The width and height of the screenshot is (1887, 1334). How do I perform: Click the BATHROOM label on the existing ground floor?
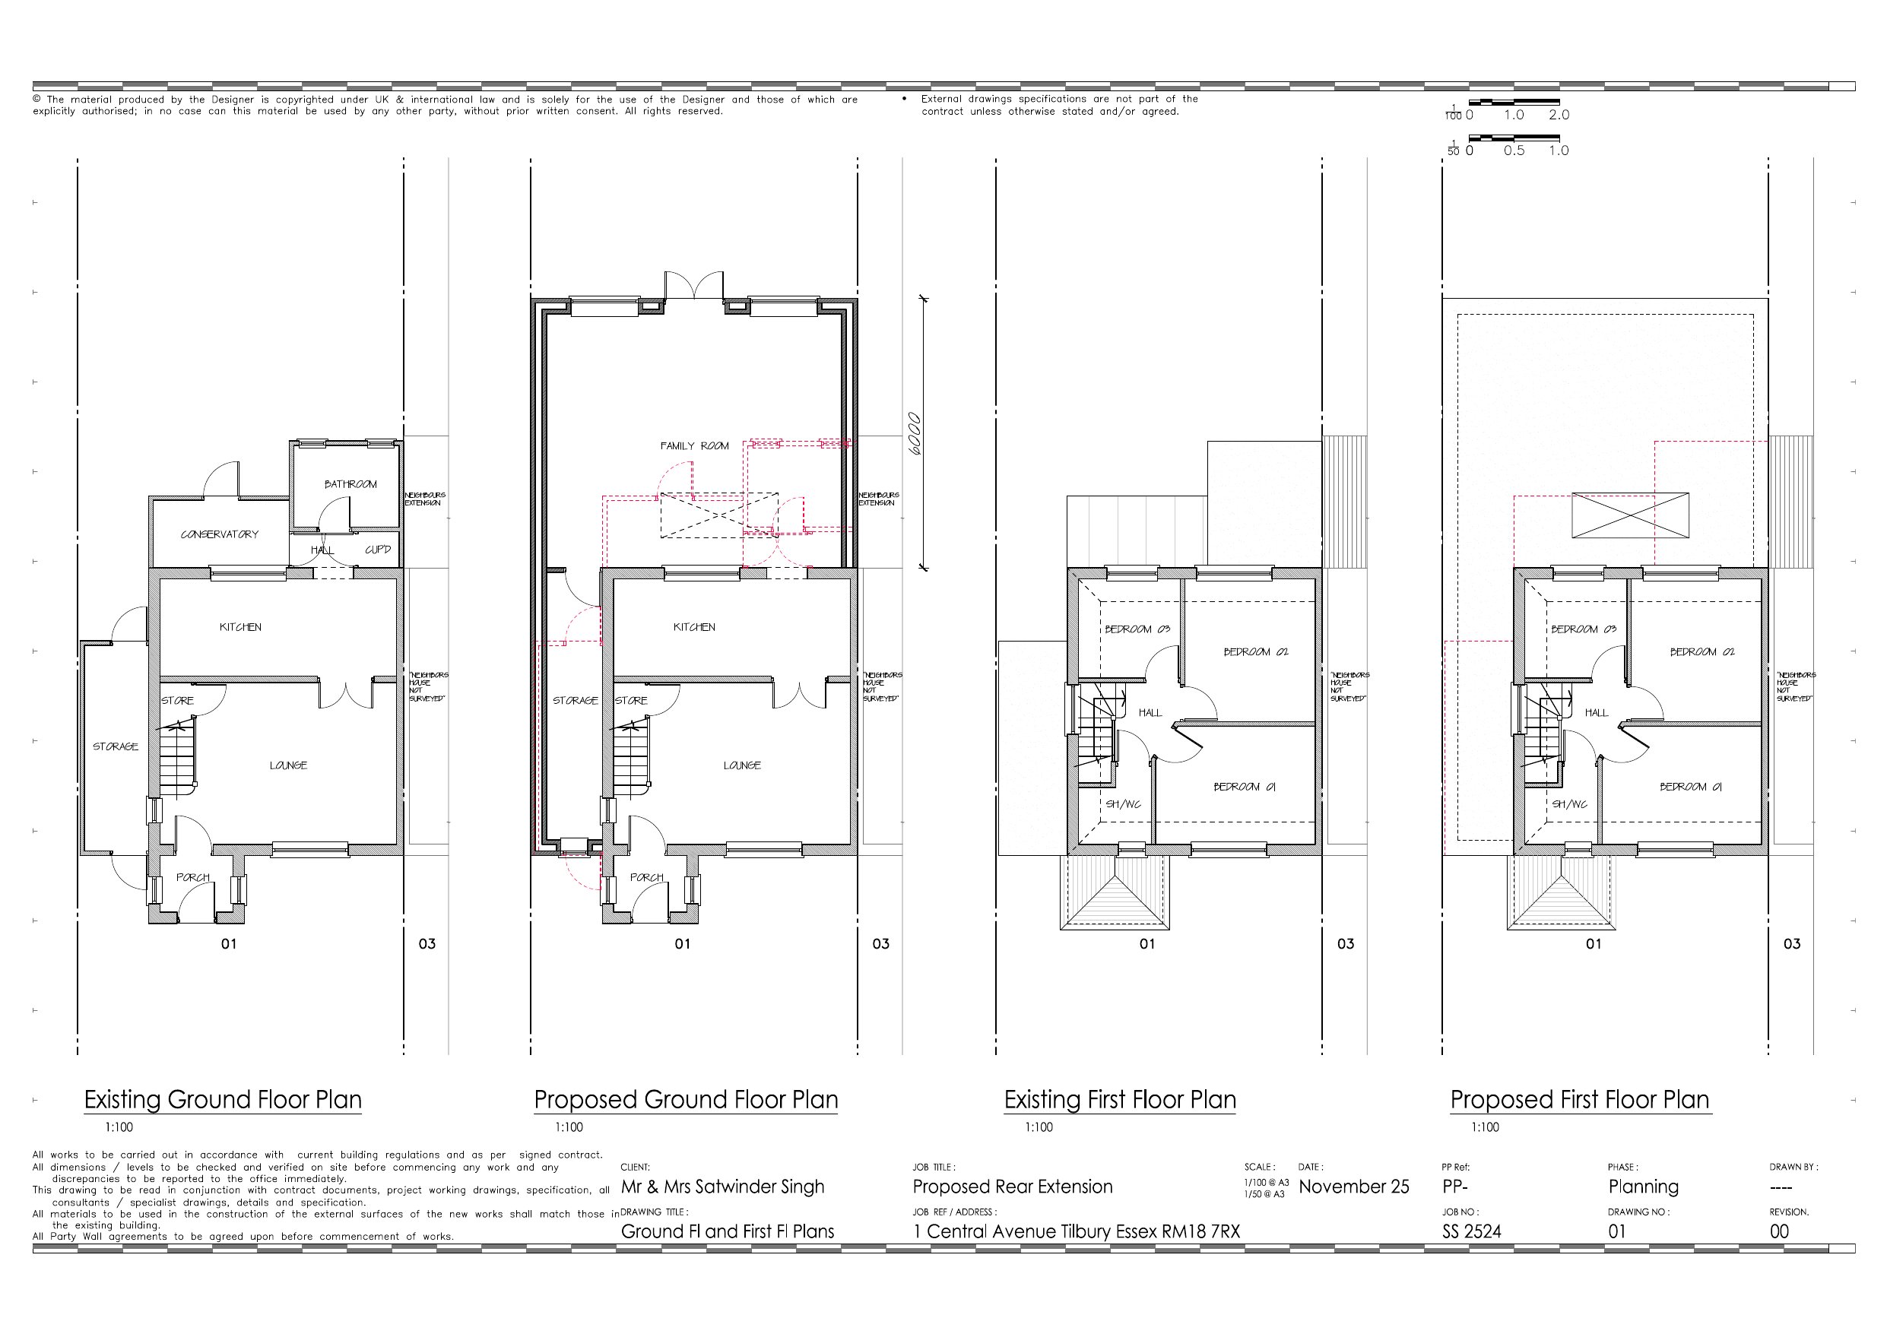point(350,484)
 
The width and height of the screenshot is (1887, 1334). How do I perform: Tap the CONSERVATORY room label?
point(220,534)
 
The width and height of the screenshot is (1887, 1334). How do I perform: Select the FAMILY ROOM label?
point(694,446)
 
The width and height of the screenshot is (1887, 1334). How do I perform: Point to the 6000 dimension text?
point(915,433)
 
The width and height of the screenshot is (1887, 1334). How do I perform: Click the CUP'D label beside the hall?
point(378,550)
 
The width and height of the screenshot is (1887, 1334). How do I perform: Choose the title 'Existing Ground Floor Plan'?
point(223,1100)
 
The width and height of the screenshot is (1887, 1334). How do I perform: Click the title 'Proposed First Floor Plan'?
point(1580,1100)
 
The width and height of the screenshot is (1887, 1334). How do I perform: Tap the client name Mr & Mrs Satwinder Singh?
point(722,1187)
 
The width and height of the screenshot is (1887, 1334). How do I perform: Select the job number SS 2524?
point(1471,1231)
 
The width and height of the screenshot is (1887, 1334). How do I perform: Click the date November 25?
point(1353,1187)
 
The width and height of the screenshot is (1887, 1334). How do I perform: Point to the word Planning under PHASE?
point(1644,1187)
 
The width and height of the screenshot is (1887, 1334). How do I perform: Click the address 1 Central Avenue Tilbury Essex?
point(1077,1231)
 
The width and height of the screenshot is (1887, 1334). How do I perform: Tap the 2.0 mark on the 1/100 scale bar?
point(1559,115)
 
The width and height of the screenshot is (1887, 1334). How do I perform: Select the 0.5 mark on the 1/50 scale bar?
point(1514,151)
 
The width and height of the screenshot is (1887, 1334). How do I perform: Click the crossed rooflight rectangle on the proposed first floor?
point(1631,515)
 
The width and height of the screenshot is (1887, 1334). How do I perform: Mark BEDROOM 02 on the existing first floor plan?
point(1256,651)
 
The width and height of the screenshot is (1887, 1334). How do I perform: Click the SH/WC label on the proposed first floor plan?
point(1569,805)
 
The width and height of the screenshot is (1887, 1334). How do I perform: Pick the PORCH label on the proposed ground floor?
point(647,878)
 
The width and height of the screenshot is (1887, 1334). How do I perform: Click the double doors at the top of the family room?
point(694,285)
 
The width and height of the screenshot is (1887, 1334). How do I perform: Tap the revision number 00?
point(1779,1231)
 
